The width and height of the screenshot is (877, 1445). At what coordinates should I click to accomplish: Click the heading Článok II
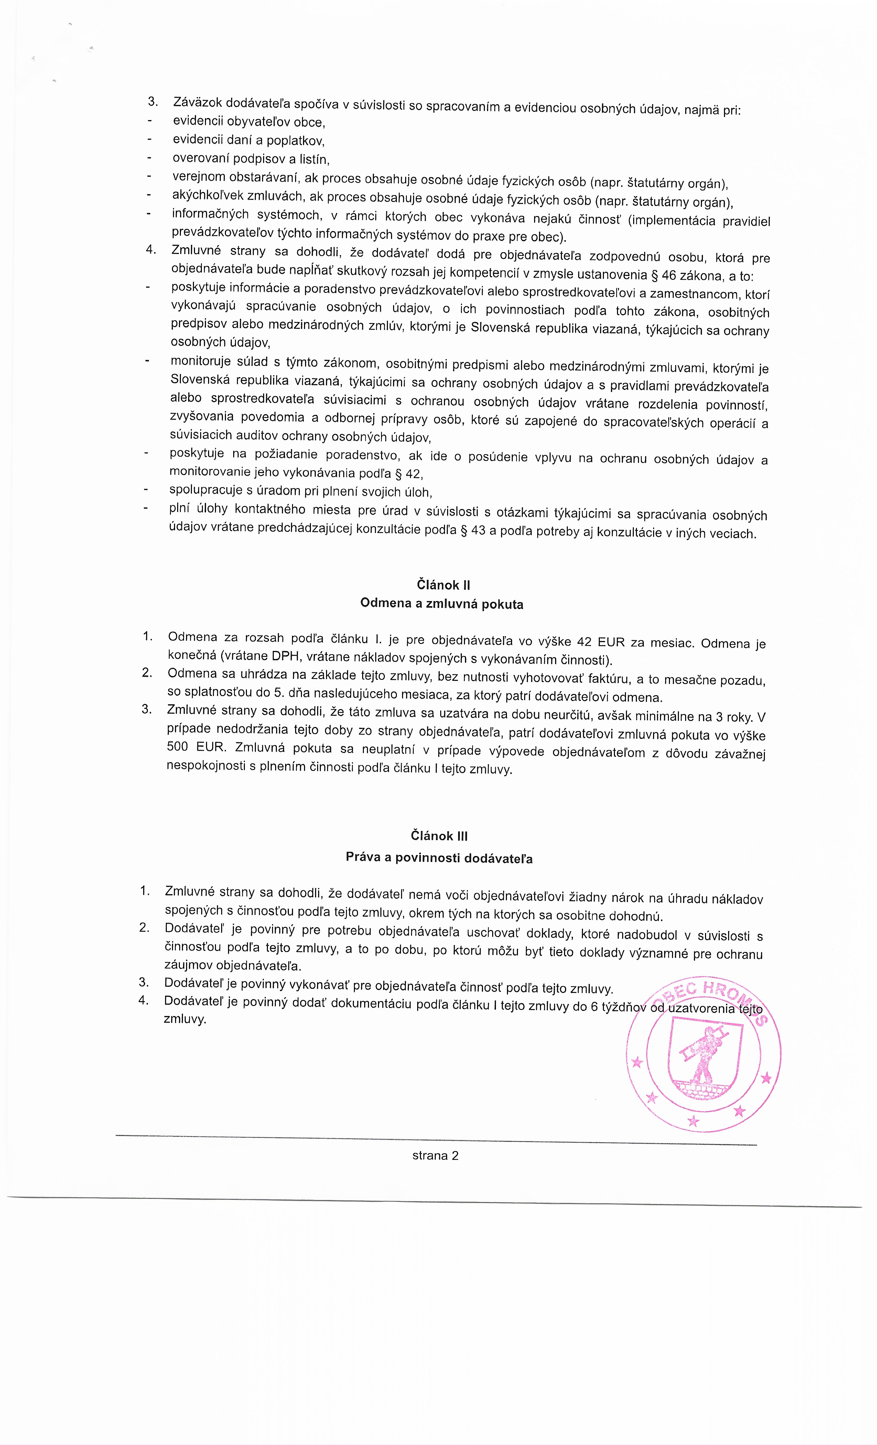pyautogui.click(x=443, y=585)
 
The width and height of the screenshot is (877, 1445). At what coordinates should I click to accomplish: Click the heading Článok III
pyautogui.click(x=439, y=836)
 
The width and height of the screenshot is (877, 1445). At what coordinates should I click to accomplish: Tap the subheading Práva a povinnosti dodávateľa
pyautogui.click(x=439, y=858)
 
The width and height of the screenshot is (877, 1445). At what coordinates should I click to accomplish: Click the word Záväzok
pyautogui.click(x=197, y=102)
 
